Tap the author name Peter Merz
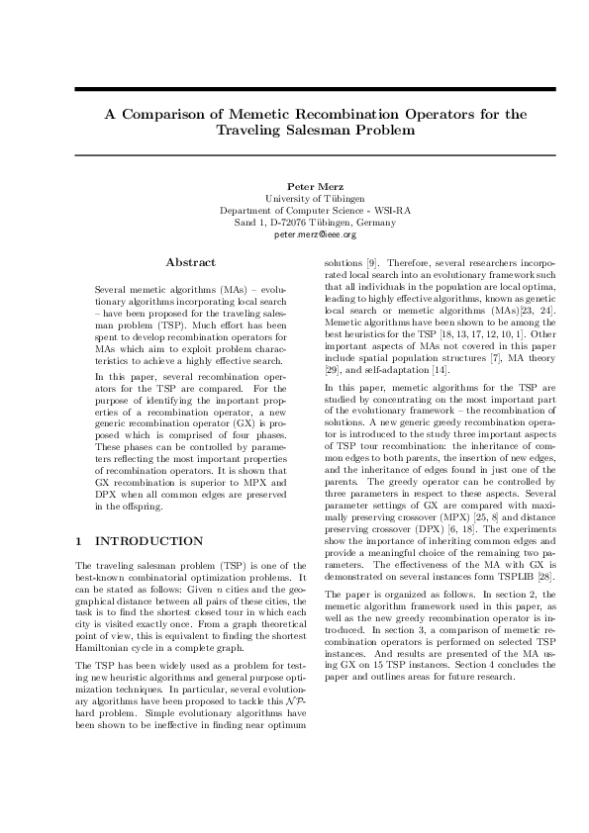point(315,185)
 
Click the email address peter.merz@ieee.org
point(315,234)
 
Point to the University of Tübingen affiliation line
point(315,198)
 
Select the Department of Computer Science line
point(315,210)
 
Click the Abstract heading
point(190,262)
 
